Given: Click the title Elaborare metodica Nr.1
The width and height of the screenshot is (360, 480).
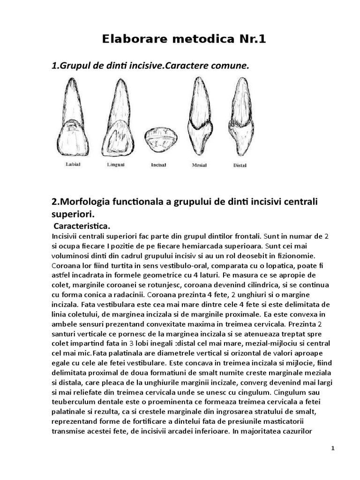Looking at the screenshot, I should click(x=184, y=39).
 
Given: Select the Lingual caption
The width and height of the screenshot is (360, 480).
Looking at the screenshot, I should click(x=115, y=165).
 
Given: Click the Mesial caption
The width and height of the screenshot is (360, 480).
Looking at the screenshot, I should click(x=200, y=165).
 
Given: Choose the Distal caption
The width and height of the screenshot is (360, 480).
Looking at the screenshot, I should click(x=240, y=165).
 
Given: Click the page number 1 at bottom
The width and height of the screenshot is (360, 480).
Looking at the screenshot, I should click(x=333, y=449).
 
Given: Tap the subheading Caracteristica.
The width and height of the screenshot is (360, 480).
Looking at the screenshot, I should click(x=82, y=226).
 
